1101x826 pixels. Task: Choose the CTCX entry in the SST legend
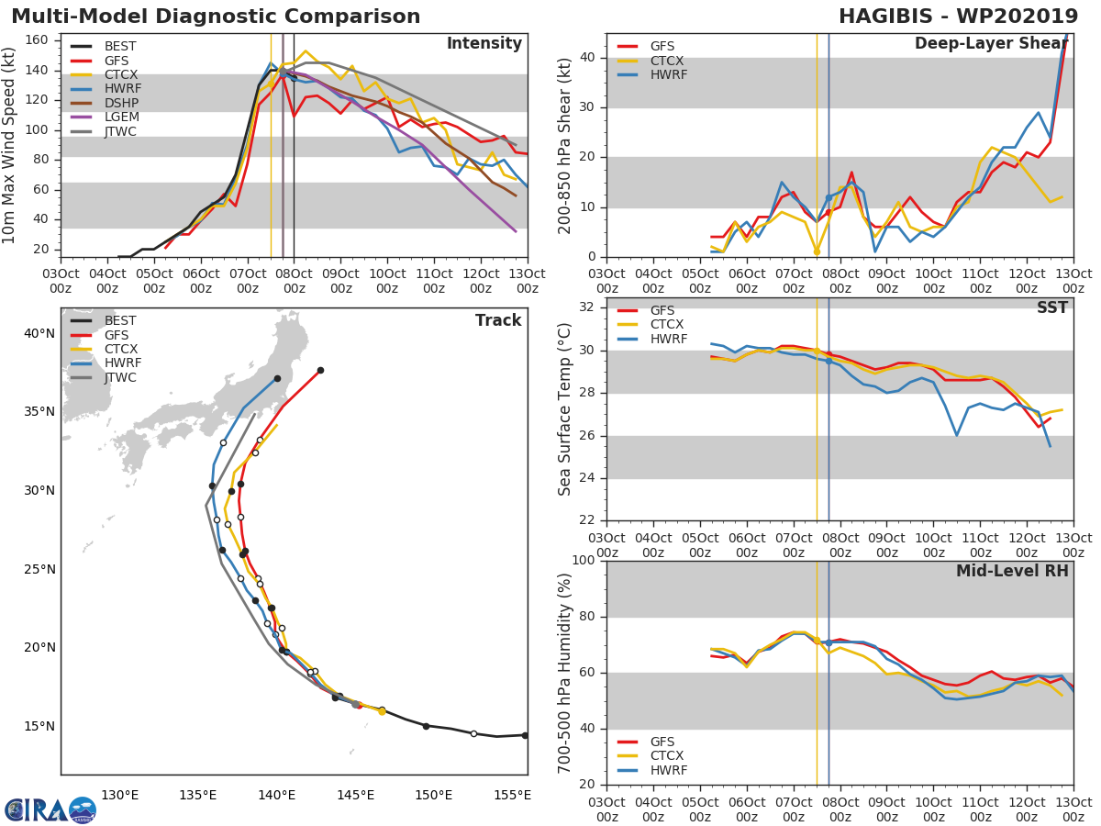click(x=667, y=324)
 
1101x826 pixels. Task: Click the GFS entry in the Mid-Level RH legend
click(x=667, y=742)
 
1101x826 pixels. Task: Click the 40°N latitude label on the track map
click(x=38, y=333)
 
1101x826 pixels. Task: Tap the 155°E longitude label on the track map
click(x=512, y=795)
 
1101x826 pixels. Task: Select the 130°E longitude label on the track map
click(x=119, y=795)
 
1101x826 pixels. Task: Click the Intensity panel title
click(x=484, y=44)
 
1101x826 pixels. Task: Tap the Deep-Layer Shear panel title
click(x=991, y=44)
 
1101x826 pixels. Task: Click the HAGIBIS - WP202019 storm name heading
click(x=958, y=17)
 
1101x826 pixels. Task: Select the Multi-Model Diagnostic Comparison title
click(x=216, y=17)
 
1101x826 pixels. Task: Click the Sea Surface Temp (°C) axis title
click(x=565, y=409)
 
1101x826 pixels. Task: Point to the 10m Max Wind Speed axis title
click(x=10, y=145)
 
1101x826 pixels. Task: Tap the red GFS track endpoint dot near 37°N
click(x=320, y=370)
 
